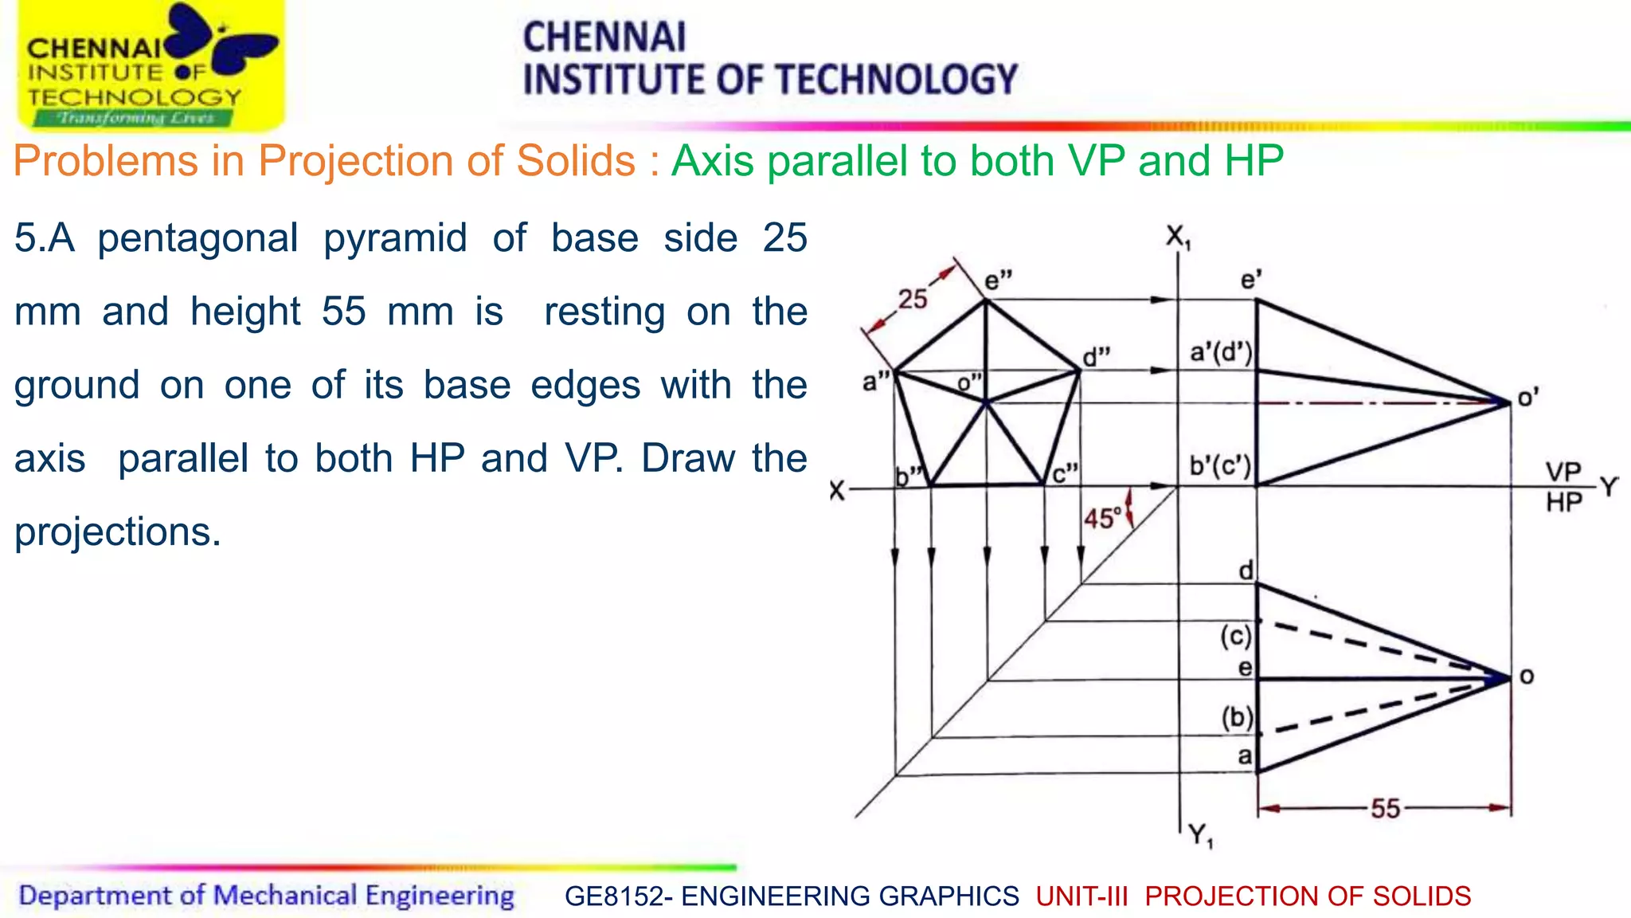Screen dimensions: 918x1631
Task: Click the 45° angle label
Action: [x=1103, y=519]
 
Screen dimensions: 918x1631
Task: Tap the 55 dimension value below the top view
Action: [x=1385, y=809]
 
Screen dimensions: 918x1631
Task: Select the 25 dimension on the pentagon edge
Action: [x=913, y=299]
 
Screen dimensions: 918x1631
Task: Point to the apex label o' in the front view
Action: [x=1527, y=397]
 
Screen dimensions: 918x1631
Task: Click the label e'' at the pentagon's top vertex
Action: [x=999, y=280]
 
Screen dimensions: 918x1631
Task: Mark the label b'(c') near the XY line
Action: [x=1220, y=465]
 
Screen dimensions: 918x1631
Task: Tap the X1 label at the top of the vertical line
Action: [x=1178, y=237]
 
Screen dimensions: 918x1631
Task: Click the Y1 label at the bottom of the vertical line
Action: [x=1201, y=836]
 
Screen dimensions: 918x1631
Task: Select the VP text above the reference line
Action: [x=1563, y=471]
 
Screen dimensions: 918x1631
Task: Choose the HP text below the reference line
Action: [x=1563, y=503]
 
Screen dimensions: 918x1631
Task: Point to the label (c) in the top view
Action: [x=1236, y=636]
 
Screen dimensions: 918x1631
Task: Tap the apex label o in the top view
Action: [x=1527, y=677]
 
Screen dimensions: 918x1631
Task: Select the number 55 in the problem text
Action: [x=343, y=311]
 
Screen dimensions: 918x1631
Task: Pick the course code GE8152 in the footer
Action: [x=612, y=896]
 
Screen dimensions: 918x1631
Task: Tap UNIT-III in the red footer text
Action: [x=1081, y=896]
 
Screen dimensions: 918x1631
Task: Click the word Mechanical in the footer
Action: [x=285, y=896]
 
